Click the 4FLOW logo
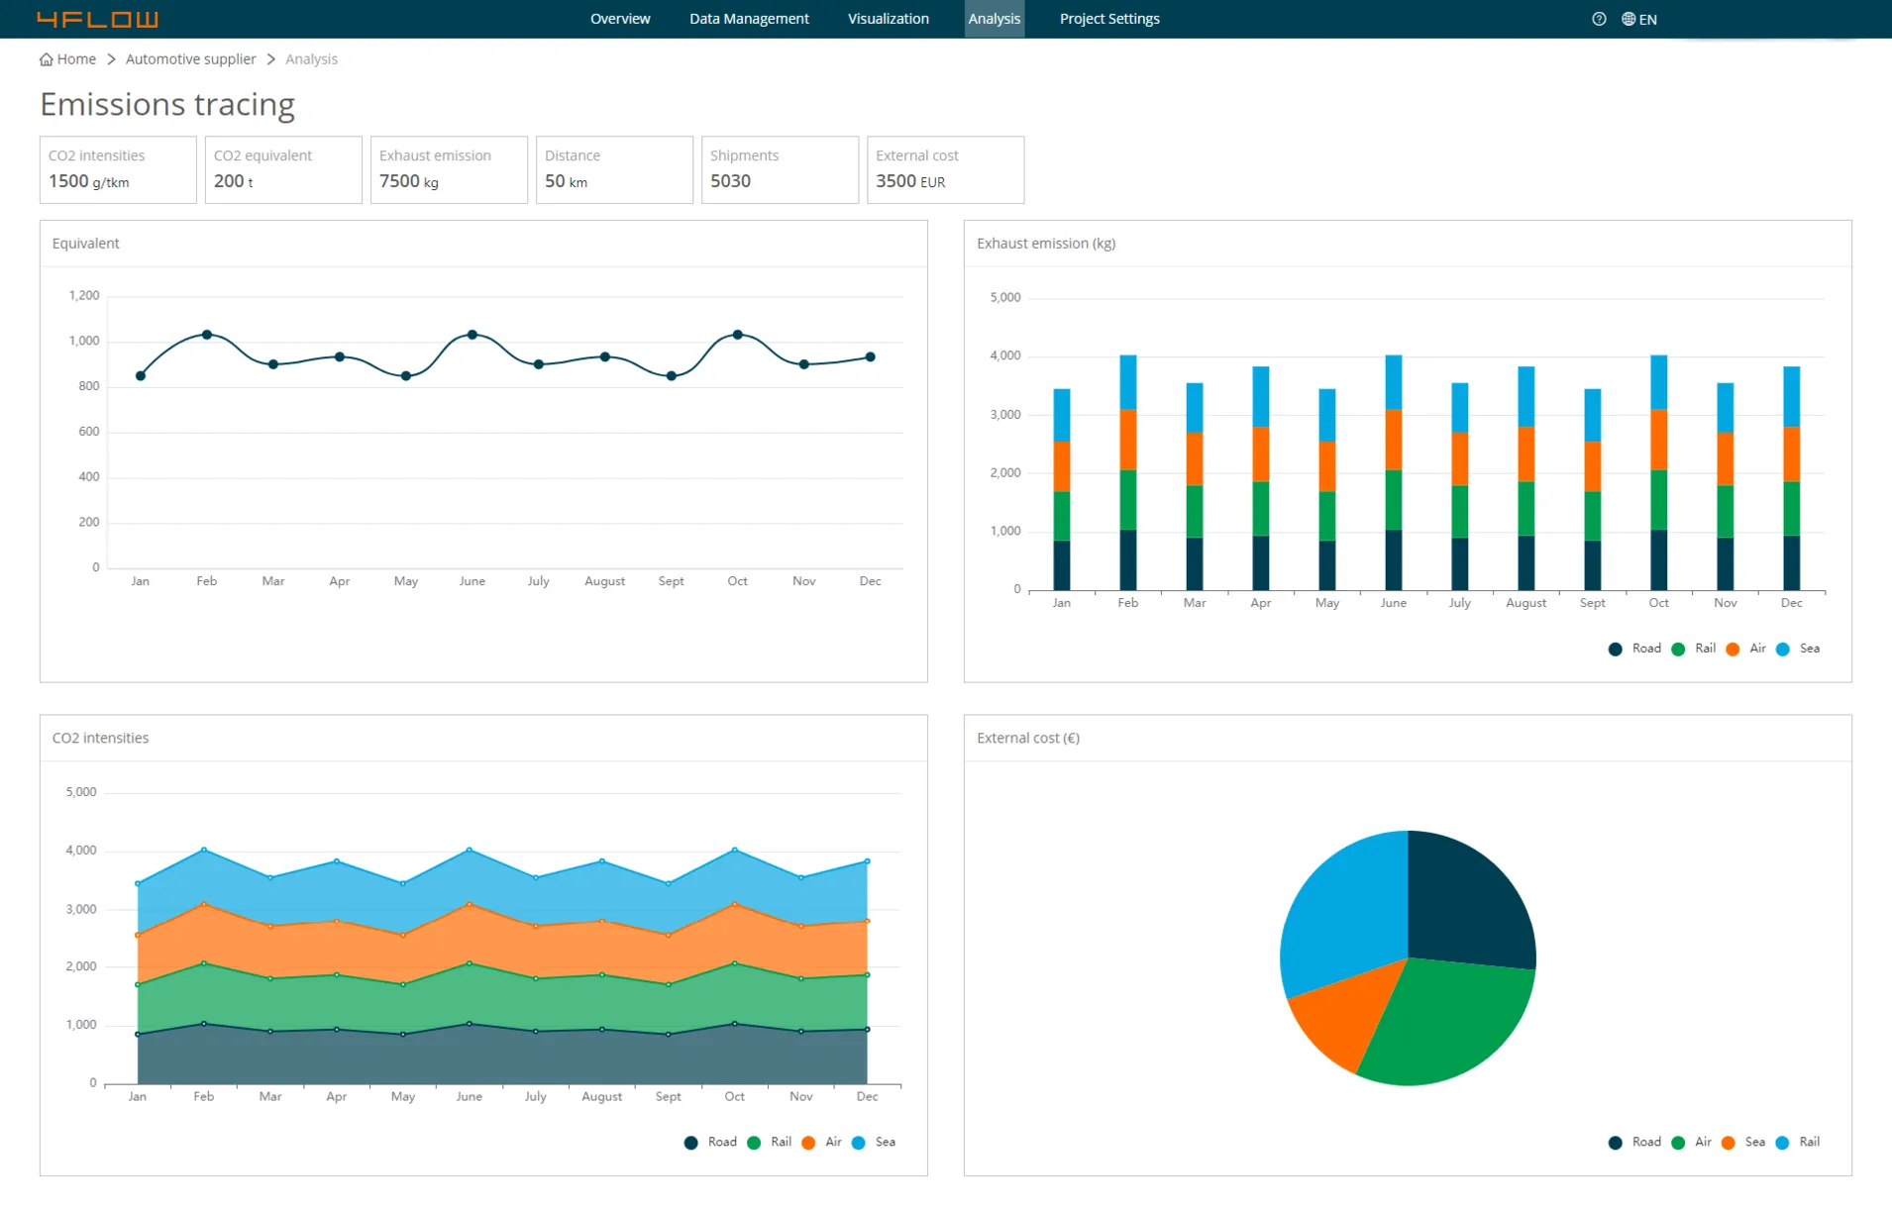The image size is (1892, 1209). click(x=97, y=19)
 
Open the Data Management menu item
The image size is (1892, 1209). click(x=749, y=19)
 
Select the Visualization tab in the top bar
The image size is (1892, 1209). click(x=888, y=19)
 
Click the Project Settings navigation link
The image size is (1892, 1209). click(x=1108, y=19)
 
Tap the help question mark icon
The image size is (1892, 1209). click(x=1598, y=19)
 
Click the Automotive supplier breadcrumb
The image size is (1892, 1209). click(x=190, y=59)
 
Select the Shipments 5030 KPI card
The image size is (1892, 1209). click(x=779, y=169)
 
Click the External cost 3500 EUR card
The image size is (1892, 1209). click(x=944, y=169)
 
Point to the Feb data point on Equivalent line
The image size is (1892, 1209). click(x=206, y=335)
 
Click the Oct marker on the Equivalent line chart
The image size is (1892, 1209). click(x=737, y=335)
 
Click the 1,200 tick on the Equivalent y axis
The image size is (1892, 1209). click(x=84, y=295)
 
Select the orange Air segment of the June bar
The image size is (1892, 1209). click(x=1393, y=439)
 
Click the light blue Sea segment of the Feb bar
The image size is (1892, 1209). click(x=1127, y=381)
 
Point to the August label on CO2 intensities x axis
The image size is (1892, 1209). click(x=601, y=1096)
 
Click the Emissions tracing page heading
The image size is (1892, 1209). click(x=167, y=104)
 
